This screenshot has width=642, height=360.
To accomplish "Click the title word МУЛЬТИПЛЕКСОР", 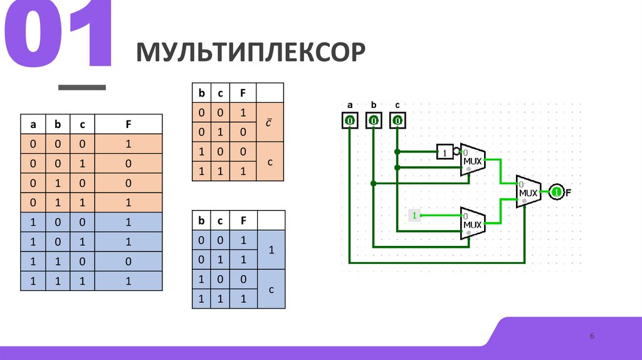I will point(251,52).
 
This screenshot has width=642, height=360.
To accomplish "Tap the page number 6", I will point(591,337).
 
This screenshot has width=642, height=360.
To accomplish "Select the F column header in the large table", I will point(128,124).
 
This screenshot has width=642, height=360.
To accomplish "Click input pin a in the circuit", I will point(350,120).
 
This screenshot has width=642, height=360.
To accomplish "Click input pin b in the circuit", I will point(374,120).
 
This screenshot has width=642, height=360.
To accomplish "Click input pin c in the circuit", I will point(397,120).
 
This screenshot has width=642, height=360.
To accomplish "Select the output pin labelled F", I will point(555,193).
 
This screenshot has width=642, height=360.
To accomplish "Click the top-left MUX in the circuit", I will point(472,160).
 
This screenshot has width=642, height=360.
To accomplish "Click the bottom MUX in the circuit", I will point(472,223).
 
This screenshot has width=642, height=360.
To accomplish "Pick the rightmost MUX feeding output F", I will point(528,193).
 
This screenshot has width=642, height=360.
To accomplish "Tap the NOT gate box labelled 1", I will point(445,152).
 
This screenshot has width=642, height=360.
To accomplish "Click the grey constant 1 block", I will point(414,215).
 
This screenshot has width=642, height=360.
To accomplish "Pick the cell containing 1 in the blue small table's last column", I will point(270,250).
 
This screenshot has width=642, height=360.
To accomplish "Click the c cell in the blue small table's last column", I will point(270,290).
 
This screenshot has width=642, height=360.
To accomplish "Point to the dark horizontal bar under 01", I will point(82,87).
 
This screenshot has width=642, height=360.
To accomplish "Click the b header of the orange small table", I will point(202,93).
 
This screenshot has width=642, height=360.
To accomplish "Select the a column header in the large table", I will point(33,124).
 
